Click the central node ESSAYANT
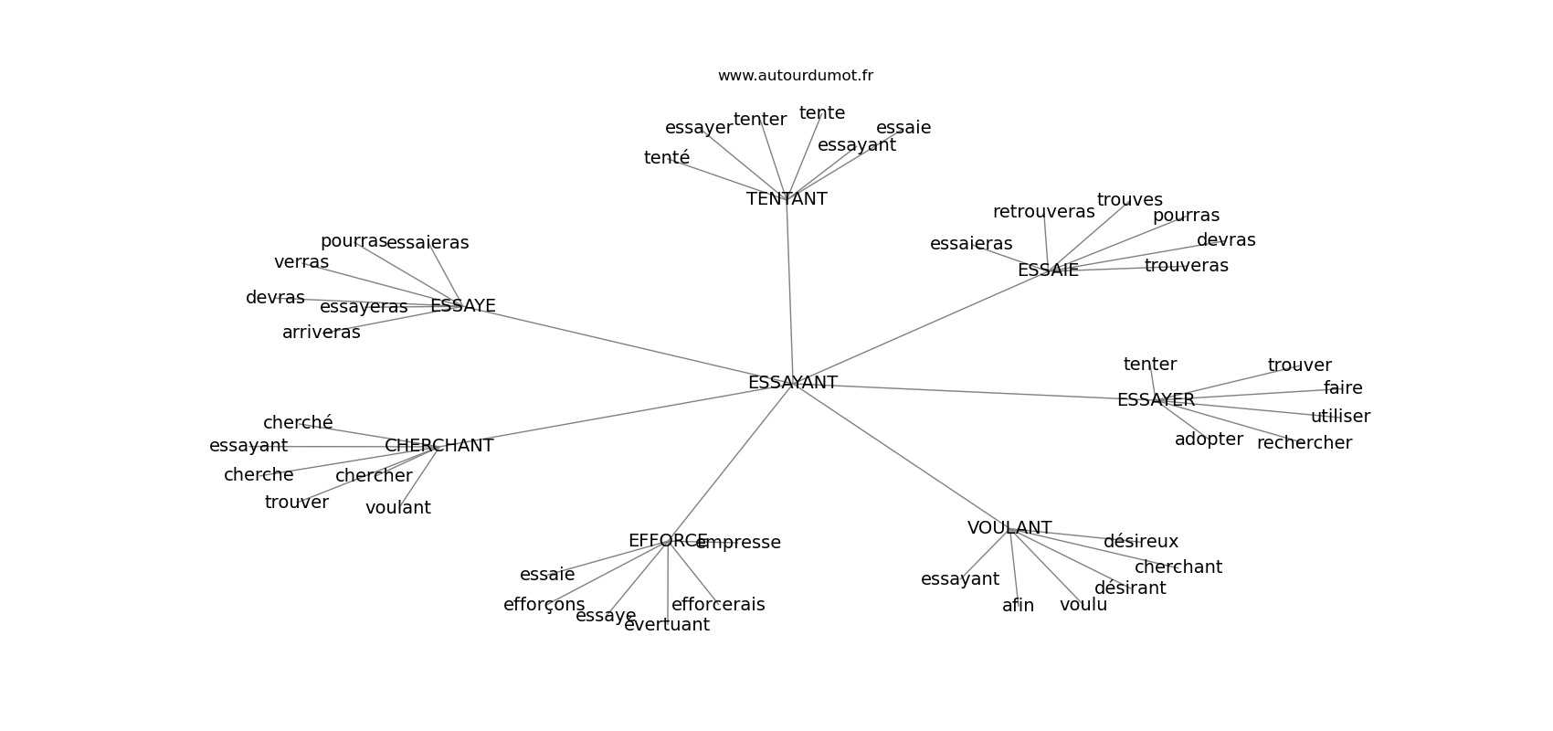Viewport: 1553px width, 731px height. pos(792,383)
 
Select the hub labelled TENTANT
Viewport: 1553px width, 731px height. pos(787,199)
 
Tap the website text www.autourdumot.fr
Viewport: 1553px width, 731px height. pos(795,76)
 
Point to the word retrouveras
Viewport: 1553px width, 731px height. pos(1043,212)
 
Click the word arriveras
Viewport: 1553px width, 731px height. pos(321,333)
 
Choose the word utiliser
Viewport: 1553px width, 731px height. pos(1340,417)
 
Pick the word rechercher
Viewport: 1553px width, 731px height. pos(1304,443)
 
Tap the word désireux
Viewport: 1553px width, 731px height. pos(1140,542)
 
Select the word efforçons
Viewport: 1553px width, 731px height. pos(544,605)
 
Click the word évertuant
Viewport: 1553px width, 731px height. pos(666,625)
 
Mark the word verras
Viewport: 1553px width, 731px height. pos(301,262)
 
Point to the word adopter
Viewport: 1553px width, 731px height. pos(1208,440)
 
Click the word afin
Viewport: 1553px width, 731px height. pos(1018,606)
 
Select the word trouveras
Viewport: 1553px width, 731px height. pos(1186,266)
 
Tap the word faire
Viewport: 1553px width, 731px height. pos(1342,388)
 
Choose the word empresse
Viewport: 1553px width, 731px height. pos(738,543)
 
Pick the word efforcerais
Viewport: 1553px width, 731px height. pos(718,605)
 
